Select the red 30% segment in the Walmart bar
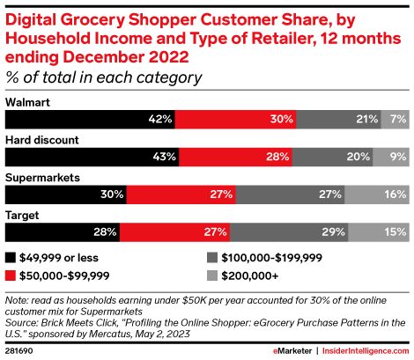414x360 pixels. point(235,119)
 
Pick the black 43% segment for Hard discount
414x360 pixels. point(92,157)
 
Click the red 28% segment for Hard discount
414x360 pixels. point(235,157)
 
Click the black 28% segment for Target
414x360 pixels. point(62,232)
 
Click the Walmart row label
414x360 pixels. point(27,103)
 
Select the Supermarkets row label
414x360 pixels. point(42,178)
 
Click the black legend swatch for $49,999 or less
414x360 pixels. point(11,258)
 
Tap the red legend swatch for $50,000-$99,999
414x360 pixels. point(11,276)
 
